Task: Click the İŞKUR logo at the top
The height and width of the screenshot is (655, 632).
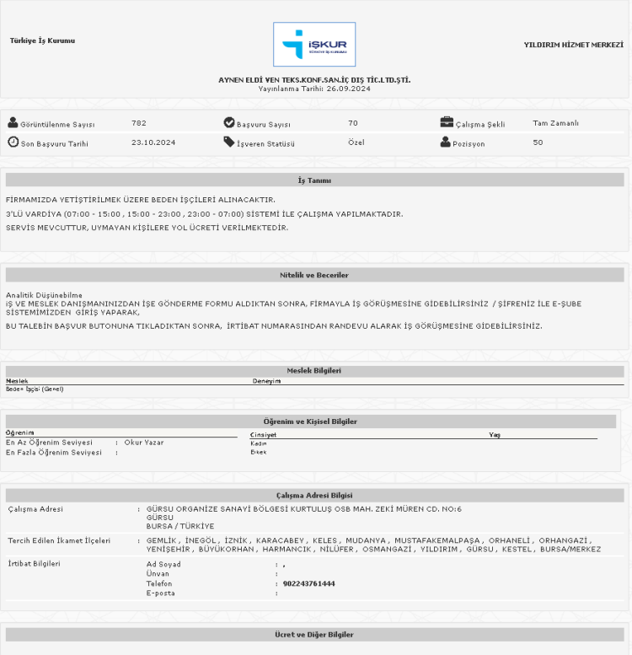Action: tap(314, 44)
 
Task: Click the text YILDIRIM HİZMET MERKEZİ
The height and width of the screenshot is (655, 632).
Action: tap(573, 44)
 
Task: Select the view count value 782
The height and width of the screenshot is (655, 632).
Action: tap(139, 123)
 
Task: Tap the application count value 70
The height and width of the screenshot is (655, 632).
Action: tap(353, 123)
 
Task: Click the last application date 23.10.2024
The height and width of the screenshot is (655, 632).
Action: tap(153, 142)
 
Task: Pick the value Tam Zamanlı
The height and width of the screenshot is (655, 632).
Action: tap(555, 123)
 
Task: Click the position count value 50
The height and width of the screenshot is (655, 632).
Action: tap(538, 142)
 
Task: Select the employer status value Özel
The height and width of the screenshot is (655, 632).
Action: tap(356, 142)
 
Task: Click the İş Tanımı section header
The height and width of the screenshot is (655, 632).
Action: tap(314, 180)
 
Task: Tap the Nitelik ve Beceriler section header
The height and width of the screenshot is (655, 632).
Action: tap(314, 275)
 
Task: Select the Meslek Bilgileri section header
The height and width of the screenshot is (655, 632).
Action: tap(314, 370)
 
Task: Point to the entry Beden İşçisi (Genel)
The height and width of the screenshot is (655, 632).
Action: tap(35, 389)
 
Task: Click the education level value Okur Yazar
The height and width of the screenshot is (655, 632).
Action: tap(144, 442)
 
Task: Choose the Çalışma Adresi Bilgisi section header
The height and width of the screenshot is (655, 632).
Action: tap(314, 496)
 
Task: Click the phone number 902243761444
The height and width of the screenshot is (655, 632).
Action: tap(309, 583)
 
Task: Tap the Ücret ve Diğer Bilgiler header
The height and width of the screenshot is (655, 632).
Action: tap(314, 634)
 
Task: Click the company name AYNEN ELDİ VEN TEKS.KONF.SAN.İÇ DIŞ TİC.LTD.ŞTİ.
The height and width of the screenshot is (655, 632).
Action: tap(314, 80)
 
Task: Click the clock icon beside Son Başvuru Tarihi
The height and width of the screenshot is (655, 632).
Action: tap(13, 142)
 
